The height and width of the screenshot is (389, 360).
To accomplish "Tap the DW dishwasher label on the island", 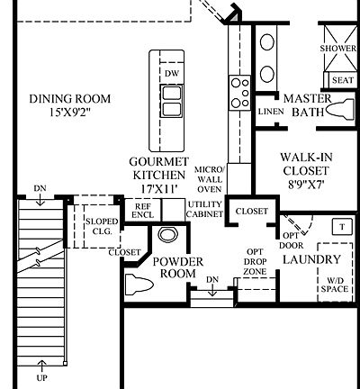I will [171, 73].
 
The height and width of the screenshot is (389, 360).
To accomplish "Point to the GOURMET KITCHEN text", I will [157, 167].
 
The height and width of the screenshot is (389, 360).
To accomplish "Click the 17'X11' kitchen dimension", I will [157, 190].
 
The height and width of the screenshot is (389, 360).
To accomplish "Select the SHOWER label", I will [338, 50].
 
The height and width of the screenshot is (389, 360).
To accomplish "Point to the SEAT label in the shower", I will [343, 79].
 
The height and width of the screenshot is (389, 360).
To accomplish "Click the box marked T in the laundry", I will [343, 227].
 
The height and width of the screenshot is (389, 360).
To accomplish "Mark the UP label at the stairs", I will [41, 365].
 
